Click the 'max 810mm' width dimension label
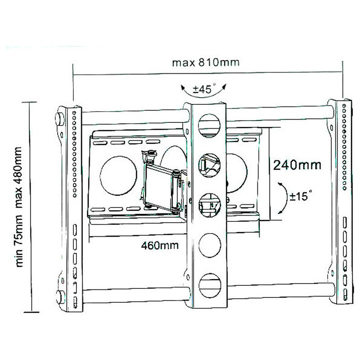coord(206,63)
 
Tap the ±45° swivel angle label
coord(204,89)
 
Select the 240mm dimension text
coord(297,165)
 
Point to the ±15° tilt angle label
coord(301,196)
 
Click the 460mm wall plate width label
coord(160,246)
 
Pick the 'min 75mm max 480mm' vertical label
coord(19,207)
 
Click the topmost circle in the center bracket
coord(209,126)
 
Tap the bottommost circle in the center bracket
coord(210,286)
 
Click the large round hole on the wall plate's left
coord(118,176)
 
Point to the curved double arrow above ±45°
coord(204,93)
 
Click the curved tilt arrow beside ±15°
coord(284,198)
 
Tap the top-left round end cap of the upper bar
coord(59,118)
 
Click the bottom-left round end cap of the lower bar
coord(60,297)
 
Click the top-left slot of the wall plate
coord(100,143)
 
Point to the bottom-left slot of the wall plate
coord(98,210)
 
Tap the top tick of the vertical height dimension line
coord(29,102)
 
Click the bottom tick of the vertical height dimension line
coord(31,312)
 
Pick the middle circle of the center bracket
coord(209,206)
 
